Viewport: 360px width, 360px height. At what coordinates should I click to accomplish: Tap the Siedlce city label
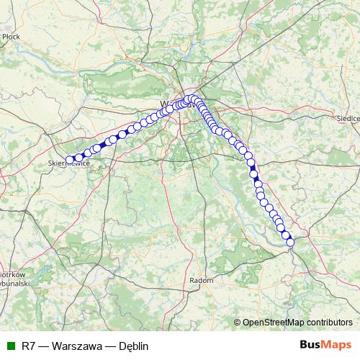pos(348,116)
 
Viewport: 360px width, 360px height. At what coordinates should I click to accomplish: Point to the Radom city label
pos(198,279)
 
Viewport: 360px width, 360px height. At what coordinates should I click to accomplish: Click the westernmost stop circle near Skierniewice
pos(71,160)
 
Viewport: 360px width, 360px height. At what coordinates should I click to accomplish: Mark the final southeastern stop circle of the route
pos(291,243)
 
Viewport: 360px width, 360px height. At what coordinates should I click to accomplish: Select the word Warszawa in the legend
pos(77,346)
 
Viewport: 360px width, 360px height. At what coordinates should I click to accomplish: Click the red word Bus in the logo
pos(310,345)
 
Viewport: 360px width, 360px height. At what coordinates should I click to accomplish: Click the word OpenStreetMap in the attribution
pos(274,322)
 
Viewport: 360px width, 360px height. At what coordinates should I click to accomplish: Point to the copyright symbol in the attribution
pos(237,322)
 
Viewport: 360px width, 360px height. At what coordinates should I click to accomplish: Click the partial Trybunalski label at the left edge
pos(13,283)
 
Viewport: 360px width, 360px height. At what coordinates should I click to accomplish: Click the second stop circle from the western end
pos(79,157)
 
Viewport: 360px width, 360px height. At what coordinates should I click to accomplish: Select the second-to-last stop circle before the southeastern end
pos(286,235)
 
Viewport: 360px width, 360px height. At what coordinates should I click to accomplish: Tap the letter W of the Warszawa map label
pos(164,102)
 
